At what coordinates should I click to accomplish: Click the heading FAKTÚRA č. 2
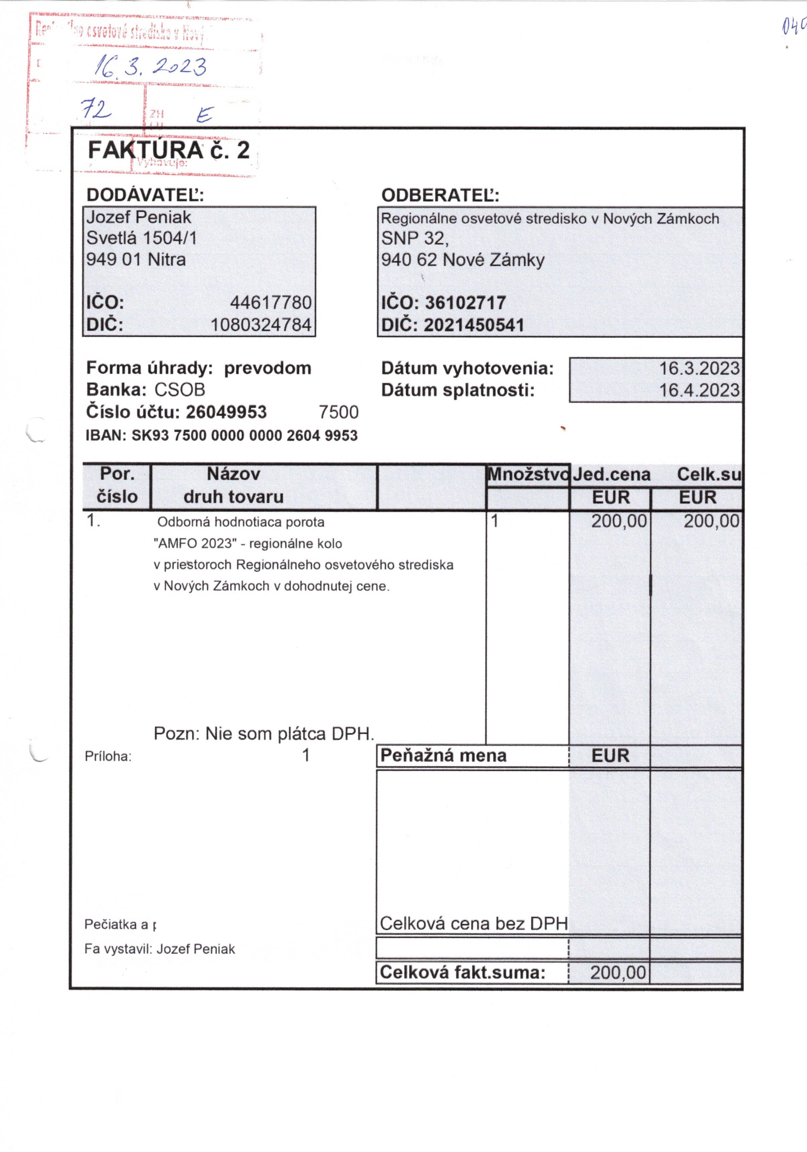click(x=169, y=150)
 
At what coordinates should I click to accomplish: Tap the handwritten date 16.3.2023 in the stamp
click(x=150, y=67)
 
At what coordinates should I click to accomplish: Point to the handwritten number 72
click(x=96, y=109)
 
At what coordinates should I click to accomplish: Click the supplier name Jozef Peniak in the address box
click(x=138, y=217)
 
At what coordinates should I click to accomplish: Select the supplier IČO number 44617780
click(x=270, y=303)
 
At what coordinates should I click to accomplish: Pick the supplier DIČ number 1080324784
click(x=261, y=325)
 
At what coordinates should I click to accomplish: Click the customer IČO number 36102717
click(x=465, y=303)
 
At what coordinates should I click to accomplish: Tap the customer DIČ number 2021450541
click(x=473, y=325)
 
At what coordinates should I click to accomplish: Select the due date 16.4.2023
click(x=699, y=390)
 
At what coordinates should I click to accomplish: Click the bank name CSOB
click(x=180, y=390)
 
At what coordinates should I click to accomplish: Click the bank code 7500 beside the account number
click(x=339, y=412)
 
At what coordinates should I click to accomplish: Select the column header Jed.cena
click(x=611, y=474)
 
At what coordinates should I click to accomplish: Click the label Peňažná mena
click(x=444, y=755)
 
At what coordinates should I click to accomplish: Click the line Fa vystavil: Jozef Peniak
click(x=159, y=949)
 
